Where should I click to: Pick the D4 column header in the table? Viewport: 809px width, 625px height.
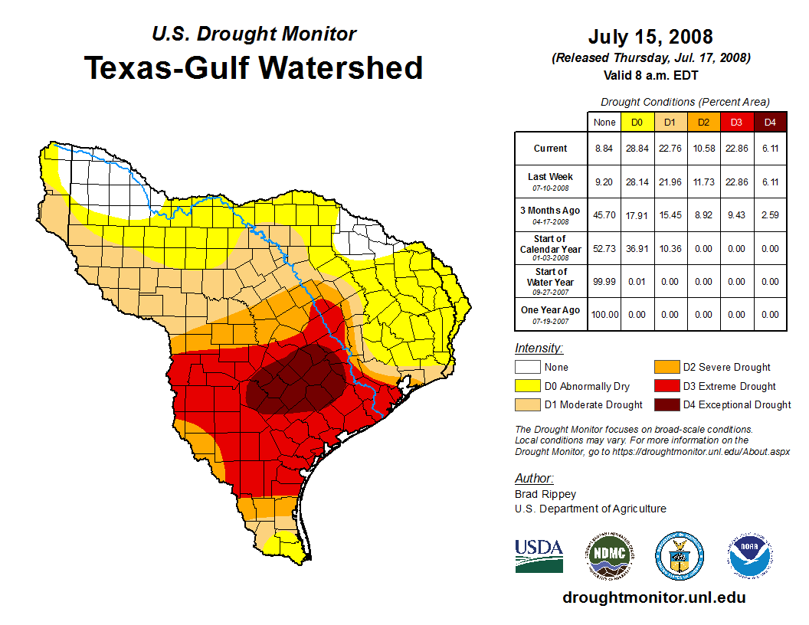[770, 122]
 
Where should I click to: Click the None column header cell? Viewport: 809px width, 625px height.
[604, 122]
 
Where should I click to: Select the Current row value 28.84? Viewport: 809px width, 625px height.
[637, 149]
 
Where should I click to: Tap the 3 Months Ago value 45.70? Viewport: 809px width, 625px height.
[604, 215]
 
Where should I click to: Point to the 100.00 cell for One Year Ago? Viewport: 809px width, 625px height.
[604, 315]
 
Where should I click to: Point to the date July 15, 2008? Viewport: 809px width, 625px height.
[650, 37]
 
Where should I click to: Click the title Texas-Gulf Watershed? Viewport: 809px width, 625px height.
[254, 67]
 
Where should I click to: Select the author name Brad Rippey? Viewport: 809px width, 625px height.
[545, 494]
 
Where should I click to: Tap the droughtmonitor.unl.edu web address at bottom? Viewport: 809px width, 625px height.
[653, 597]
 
